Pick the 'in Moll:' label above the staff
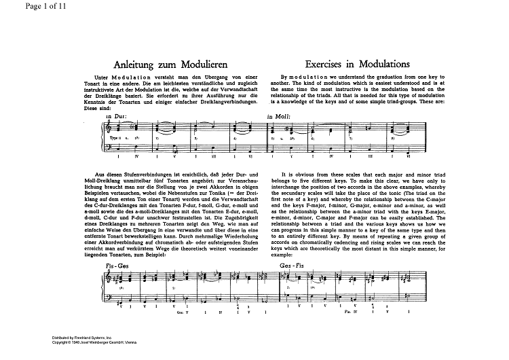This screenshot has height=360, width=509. point(278,117)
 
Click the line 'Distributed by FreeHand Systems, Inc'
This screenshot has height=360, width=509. point(85,337)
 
